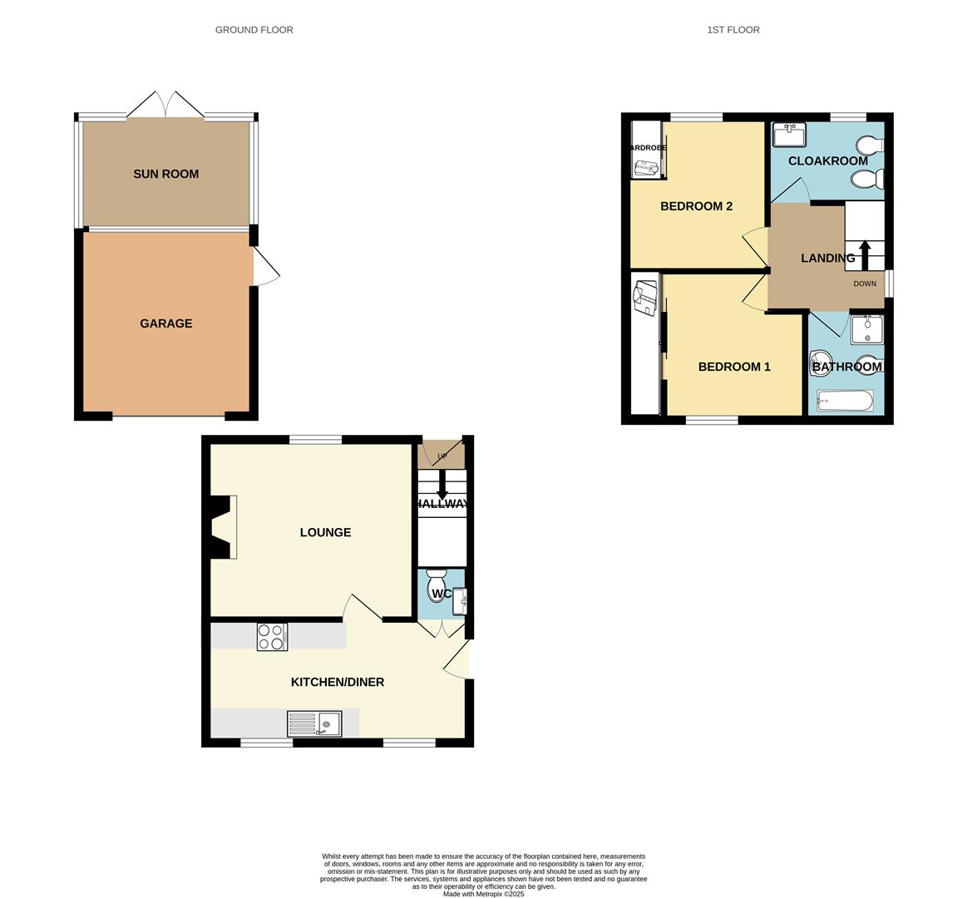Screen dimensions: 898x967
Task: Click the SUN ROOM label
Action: tap(165, 174)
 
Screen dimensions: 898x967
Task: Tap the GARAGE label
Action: tap(165, 323)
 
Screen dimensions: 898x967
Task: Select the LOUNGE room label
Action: tap(325, 532)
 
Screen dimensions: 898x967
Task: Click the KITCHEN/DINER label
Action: tap(337, 682)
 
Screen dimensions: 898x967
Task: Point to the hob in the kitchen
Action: tap(272, 637)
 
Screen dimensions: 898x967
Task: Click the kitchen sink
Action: tap(314, 724)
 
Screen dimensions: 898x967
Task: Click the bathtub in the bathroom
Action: tap(845, 402)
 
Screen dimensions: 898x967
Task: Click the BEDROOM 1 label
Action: tap(734, 367)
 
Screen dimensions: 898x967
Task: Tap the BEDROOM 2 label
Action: tap(696, 206)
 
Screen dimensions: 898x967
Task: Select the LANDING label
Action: tap(827, 258)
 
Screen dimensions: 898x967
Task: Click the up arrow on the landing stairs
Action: tap(865, 254)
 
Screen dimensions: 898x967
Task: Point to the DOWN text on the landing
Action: tap(865, 284)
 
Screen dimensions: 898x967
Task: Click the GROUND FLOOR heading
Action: tap(254, 30)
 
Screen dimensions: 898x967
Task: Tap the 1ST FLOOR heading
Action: tap(733, 30)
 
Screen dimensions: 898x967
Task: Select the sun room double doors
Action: tap(166, 106)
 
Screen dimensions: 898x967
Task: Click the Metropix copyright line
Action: tap(483, 894)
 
